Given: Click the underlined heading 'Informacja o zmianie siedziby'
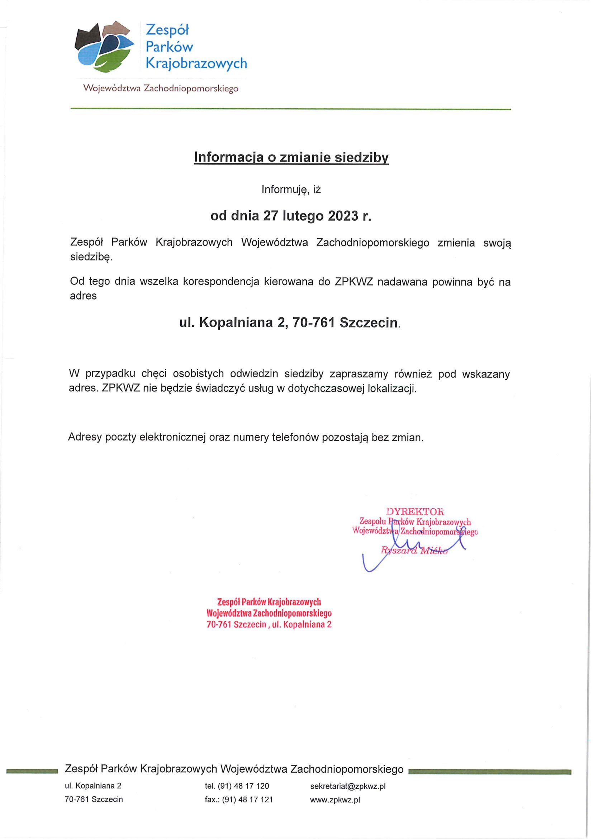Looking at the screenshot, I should pos(291,157).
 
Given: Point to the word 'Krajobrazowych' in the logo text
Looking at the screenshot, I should pos(196,63).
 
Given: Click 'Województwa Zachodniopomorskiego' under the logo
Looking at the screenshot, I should pos(161,89).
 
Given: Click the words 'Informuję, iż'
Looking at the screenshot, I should pos(291,189).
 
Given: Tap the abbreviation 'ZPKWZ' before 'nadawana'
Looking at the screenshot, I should pos(353,282).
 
